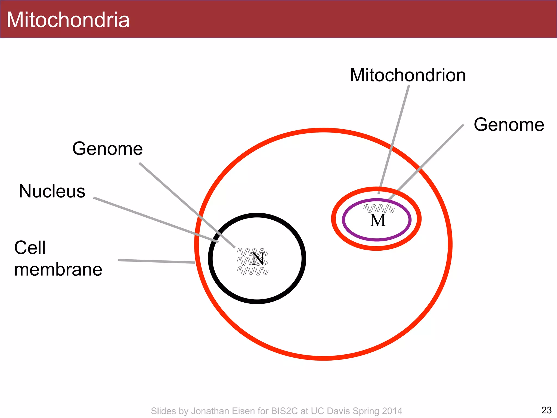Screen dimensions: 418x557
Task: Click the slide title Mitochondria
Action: pos(68,20)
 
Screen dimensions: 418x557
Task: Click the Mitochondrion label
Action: pos(408,75)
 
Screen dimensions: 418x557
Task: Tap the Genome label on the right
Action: pos(509,125)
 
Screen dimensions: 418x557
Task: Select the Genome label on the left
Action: pos(107,149)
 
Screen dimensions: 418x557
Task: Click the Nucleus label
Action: pos(52,191)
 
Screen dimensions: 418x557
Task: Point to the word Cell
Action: pos(30,248)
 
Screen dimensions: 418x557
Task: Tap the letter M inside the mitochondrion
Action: pos(378,220)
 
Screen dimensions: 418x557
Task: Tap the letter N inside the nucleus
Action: pos(258,259)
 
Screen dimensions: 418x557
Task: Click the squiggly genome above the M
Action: pos(379,208)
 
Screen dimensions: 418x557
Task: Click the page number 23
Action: pos(546,410)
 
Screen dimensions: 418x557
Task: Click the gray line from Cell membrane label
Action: pos(156,261)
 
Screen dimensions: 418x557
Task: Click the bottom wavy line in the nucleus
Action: pos(253,271)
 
